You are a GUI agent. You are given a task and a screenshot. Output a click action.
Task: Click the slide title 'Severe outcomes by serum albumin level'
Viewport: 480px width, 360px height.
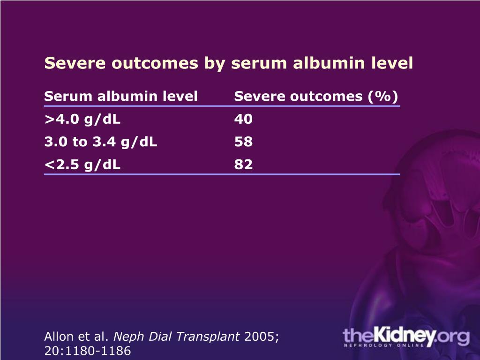point(228,63)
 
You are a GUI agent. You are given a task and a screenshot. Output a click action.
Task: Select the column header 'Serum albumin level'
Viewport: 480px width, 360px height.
point(121,97)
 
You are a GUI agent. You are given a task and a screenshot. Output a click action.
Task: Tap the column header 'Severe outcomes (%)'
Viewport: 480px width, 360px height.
point(316,97)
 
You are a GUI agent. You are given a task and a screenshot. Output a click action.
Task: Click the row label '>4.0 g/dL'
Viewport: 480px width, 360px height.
point(82,120)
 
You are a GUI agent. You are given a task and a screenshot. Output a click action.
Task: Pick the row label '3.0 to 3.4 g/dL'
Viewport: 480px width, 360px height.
point(101,142)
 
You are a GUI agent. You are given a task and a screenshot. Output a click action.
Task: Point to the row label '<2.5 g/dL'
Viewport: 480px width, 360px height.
point(82,165)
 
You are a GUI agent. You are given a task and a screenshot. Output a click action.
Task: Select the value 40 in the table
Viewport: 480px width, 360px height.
point(243,120)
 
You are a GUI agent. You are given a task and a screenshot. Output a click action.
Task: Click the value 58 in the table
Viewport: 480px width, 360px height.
point(243,142)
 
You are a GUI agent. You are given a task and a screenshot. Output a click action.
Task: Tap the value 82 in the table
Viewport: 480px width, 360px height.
point(243,165)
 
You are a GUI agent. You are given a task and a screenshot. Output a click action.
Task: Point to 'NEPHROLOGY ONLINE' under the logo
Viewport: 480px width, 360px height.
point(383,345)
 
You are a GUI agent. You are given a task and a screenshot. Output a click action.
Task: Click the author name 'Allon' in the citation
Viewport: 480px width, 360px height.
point(57,336)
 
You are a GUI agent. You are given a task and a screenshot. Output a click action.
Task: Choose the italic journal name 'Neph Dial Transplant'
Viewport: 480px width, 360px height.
point(177,336)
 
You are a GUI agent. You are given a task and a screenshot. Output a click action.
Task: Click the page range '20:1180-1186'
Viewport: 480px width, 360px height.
point(87,351)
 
